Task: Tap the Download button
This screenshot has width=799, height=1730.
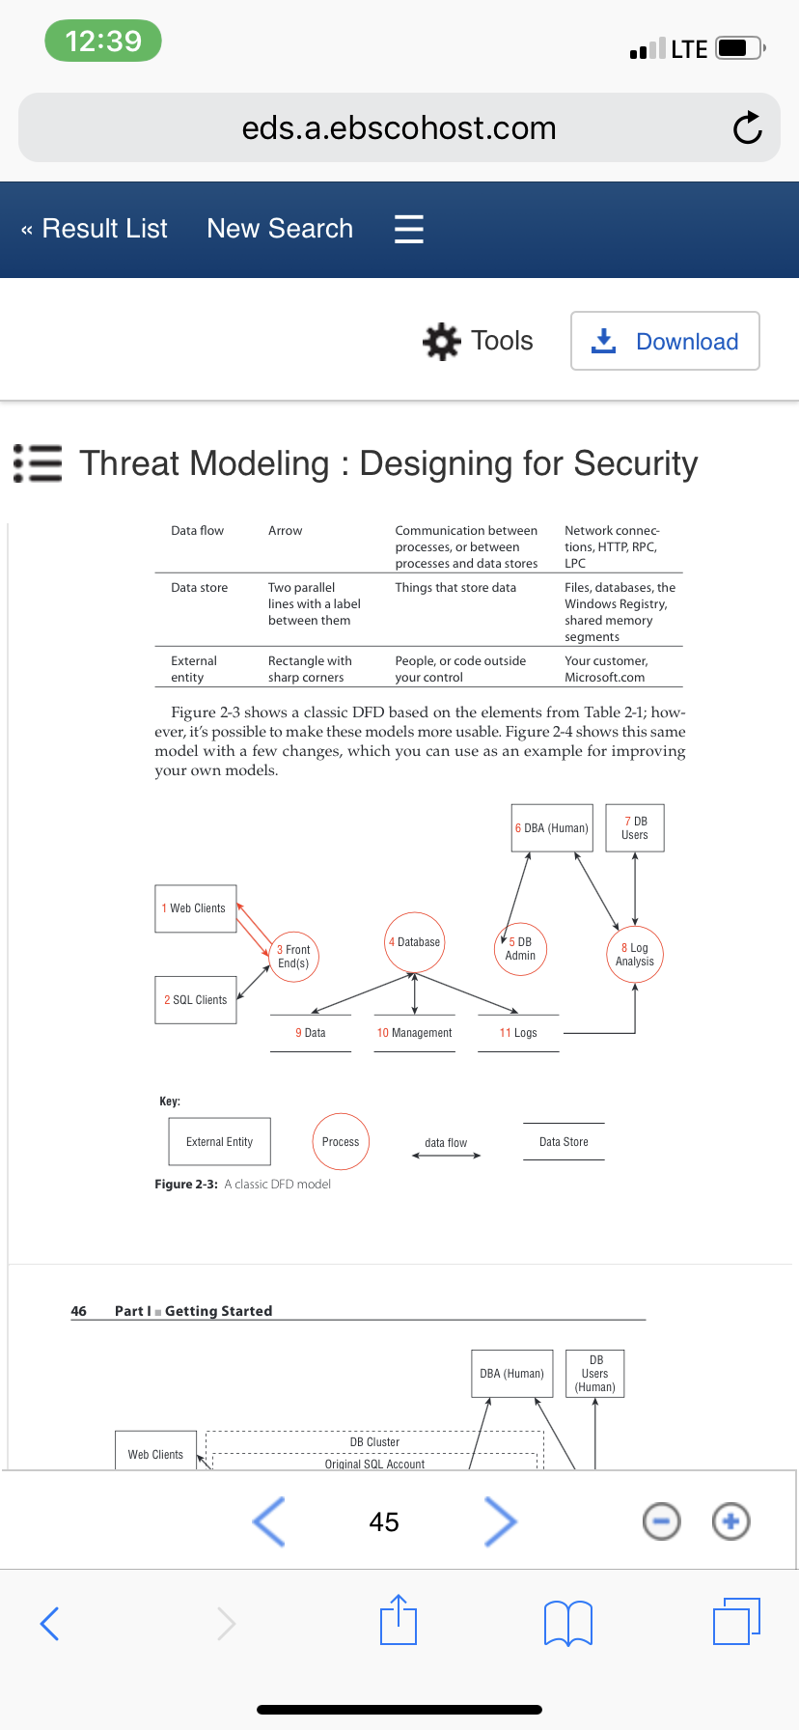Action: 665,341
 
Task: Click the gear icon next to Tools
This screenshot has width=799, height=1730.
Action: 442,341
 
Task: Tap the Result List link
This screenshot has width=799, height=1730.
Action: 95,229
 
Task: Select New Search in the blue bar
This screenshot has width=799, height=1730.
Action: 280,229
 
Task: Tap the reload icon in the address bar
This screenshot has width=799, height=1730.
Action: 747,127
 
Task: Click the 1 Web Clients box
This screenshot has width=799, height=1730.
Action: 196,908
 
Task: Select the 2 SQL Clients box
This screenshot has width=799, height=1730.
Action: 196,1000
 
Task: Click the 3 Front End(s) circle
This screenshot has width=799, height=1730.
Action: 293,957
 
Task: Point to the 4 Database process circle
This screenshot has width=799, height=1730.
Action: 415,942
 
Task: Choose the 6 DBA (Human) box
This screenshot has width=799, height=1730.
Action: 552,828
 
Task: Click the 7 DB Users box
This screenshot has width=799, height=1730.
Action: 635,828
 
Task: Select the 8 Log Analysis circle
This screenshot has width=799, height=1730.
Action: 635,955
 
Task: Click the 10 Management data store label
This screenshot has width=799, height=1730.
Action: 414,1033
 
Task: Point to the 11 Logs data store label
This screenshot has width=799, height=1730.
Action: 518,1033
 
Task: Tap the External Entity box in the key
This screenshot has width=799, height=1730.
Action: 219,1142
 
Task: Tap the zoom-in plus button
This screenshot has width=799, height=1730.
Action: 730,1521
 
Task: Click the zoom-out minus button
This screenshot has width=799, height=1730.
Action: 661,1522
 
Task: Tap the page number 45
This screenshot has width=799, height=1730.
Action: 384,1522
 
